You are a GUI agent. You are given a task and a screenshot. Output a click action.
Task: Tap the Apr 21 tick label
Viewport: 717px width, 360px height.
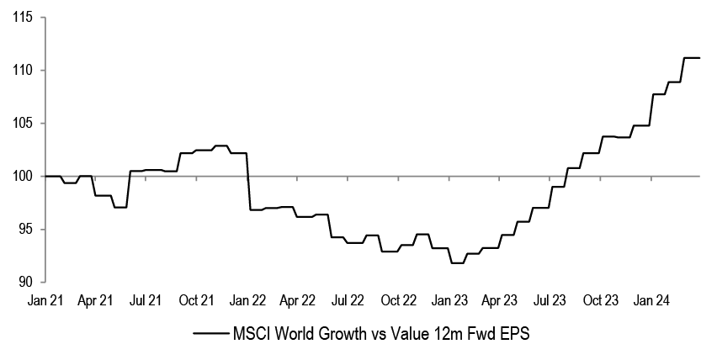coord(95,299)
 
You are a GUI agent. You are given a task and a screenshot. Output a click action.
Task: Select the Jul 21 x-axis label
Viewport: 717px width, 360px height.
coord(146,299)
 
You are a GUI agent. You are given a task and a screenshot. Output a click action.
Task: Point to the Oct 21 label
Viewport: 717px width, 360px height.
coord(196,299)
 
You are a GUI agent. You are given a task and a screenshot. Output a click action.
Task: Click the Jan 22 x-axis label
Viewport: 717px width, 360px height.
coord(247,299)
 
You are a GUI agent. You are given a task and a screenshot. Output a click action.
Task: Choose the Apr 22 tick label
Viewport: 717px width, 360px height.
coord(297,299)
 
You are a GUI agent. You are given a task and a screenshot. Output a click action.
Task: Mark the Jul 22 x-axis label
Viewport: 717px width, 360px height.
coord(348,299)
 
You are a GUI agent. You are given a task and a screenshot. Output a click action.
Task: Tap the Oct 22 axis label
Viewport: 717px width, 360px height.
coord(398,299)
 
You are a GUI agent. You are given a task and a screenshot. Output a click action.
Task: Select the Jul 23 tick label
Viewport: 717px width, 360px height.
coord(550,299)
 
